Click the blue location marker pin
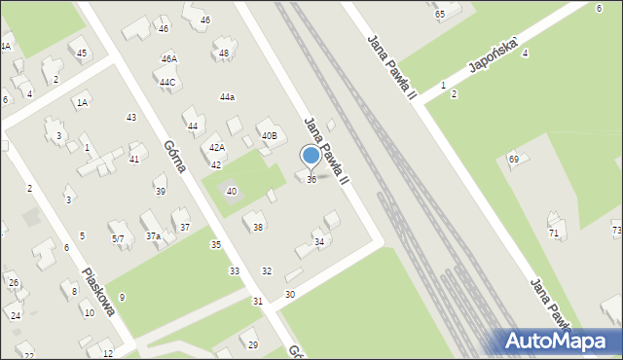(311, 156)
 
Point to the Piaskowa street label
(99, 292)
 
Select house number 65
(440, 14)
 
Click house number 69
(513, 159)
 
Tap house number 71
(554, 234)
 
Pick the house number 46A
(168, 58)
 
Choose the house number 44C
(167, 83)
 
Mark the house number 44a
(227, 97)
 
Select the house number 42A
(217, 148)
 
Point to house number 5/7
(118, 238)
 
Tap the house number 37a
(153, 236)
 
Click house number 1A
(83, 102)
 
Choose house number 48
(224, 54)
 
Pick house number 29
(253, 345)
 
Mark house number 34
(318, 241)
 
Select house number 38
(258, 228)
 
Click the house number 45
(82, 54)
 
